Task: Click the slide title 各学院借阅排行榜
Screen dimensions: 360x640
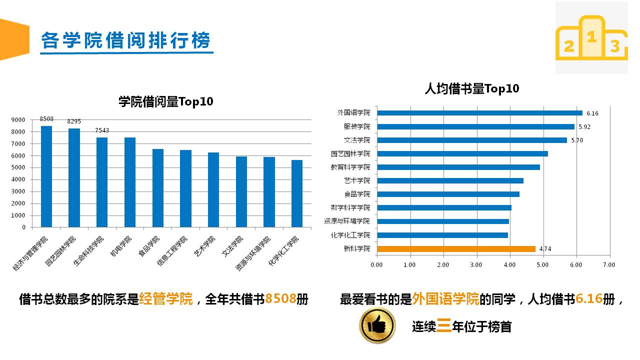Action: pos(126,40)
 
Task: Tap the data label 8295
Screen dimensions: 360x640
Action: pos(74,121)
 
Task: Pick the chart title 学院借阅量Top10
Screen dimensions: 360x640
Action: pos(165,102)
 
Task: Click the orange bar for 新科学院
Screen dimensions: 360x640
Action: pos(455,248)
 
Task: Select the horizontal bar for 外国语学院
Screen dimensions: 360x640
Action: pos(479,113)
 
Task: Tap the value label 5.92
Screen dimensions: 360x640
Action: pos(584,127)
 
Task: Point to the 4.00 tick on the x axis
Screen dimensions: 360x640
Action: pos(509,264)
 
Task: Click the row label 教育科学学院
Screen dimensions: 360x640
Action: pos(350,167)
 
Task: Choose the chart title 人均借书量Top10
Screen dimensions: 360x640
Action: pos(471,89)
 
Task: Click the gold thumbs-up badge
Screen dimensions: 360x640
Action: pos(377,325)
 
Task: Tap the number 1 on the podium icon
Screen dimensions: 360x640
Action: pos(591,36)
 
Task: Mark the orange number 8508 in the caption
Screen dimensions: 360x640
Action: pos(280,299)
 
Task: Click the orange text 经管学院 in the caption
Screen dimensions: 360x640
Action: pos(166,299)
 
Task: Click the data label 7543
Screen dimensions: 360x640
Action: pos(102,130)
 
